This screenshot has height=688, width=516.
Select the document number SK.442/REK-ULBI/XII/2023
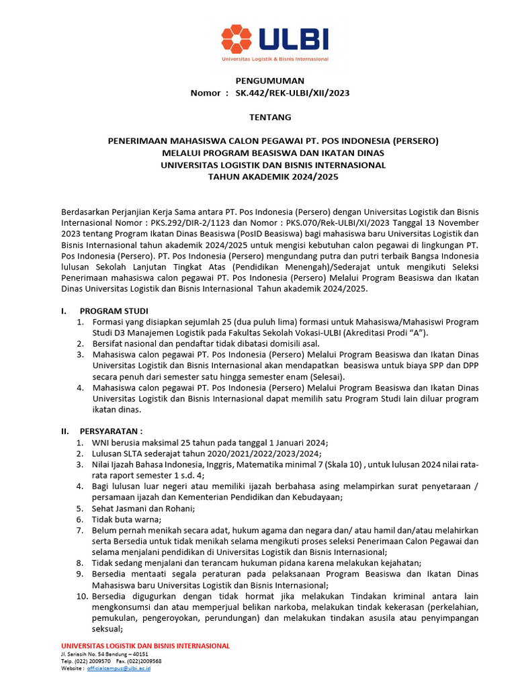tap(292, 93)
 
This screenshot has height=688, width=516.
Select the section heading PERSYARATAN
tap(111, 431)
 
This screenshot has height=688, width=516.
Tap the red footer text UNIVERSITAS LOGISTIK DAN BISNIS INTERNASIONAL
tap(145, 646)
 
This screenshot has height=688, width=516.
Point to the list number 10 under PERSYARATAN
tap(81, 596)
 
